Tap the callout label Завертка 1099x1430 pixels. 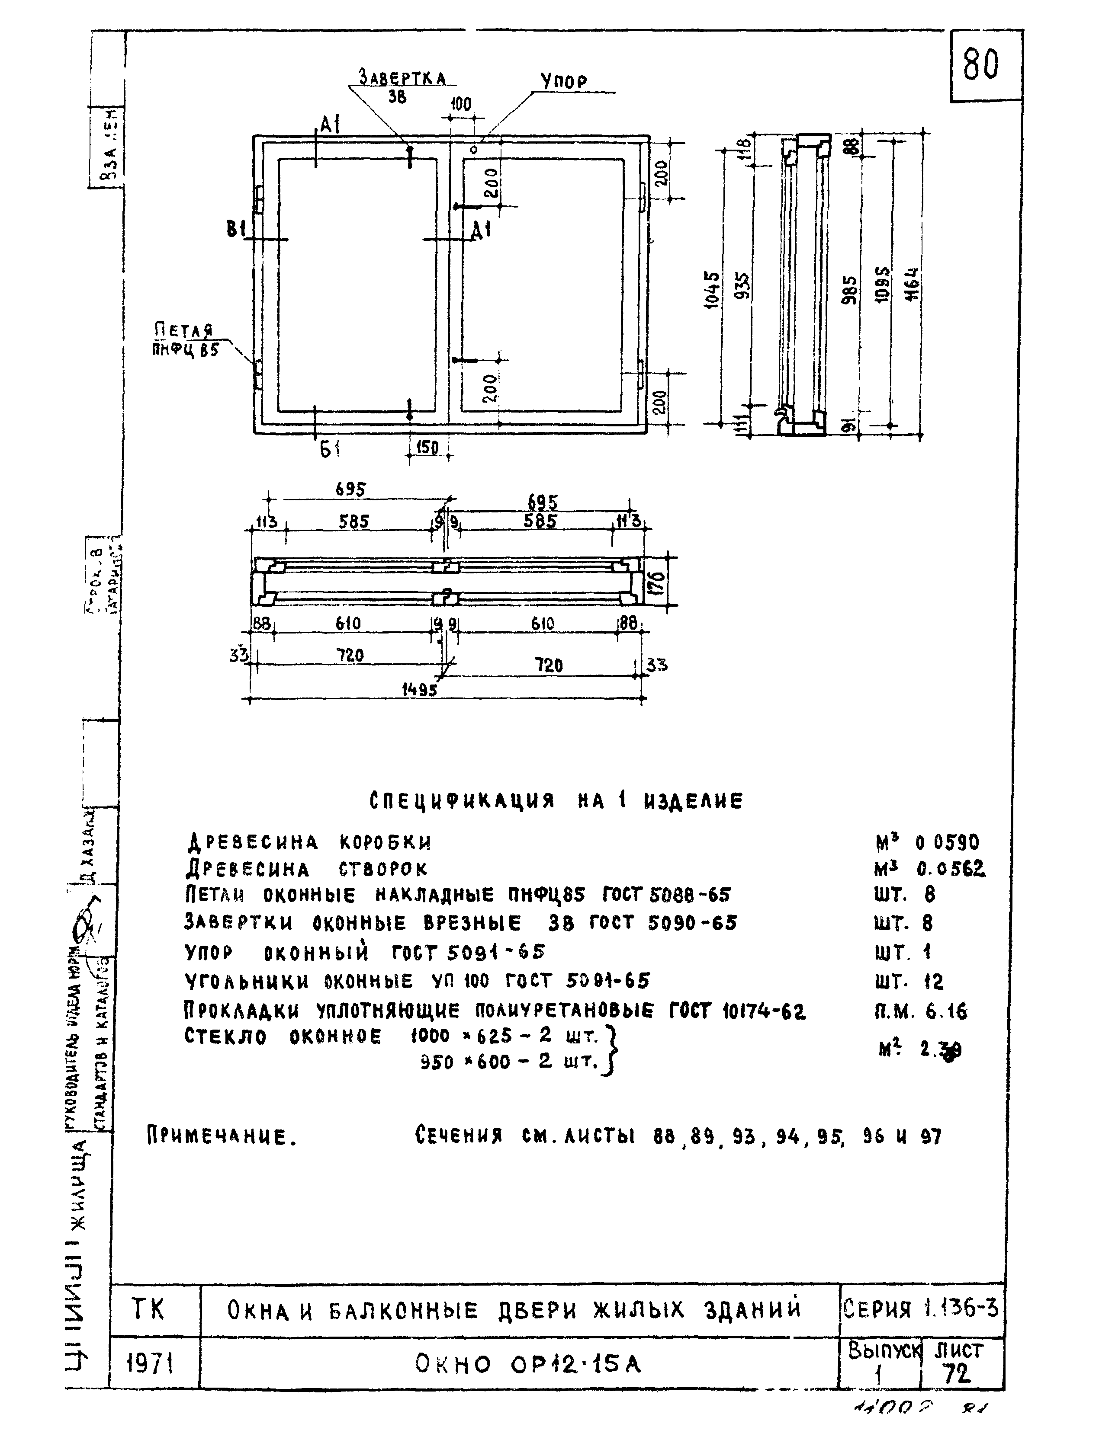(403, 78)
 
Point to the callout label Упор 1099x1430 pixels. (564, 82)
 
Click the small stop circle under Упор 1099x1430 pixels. (474, 150)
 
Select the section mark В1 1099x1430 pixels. (235, 230)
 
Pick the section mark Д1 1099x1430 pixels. (482, 230)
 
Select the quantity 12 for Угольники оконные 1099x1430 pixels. (934, 982)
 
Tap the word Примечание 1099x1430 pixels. (222, 1137)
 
